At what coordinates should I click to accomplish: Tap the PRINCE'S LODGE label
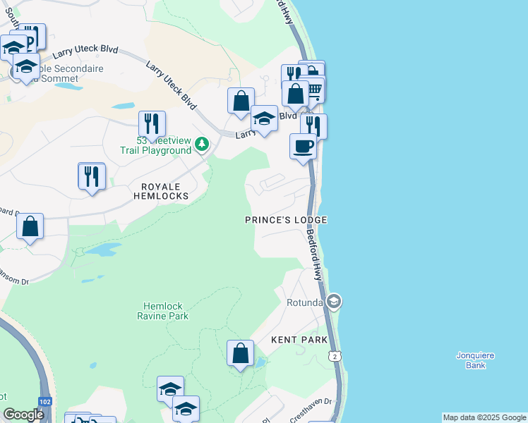pos(286,220)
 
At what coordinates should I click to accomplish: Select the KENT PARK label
pos(300,340)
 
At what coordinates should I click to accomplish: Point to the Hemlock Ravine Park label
pos(163,311)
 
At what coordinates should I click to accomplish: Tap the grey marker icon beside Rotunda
pos(334,302)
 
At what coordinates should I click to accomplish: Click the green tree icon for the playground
pos(202,144)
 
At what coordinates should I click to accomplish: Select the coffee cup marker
pos(304,147)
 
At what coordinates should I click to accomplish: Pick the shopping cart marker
pos(314,89)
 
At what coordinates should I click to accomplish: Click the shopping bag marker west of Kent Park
pos(240,352)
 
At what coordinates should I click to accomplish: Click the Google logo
pos(23,415)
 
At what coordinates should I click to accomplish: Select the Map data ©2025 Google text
pos(484,417)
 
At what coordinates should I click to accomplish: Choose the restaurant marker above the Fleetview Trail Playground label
pos(152,124)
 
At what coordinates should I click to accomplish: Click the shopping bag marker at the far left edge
pos(30,226)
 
